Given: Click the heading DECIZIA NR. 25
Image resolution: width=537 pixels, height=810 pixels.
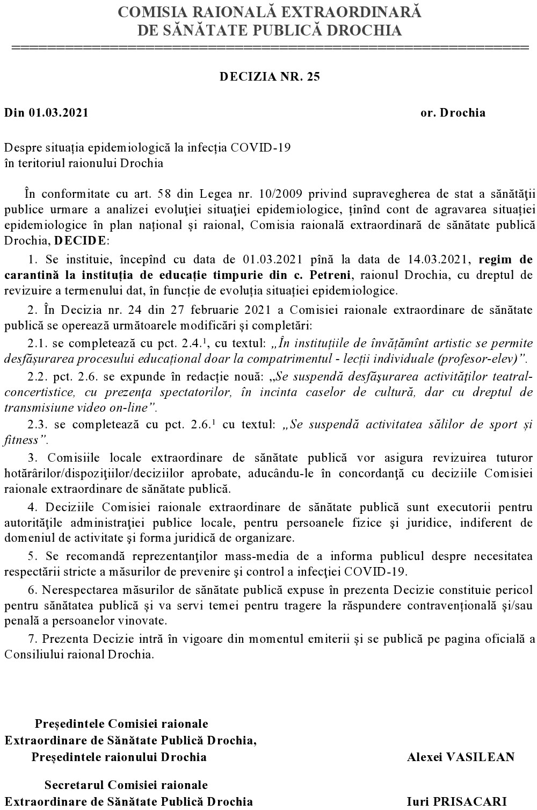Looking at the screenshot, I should (x=270, y=76).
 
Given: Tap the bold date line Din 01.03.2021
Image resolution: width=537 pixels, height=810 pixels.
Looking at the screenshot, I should (x=46, y=113).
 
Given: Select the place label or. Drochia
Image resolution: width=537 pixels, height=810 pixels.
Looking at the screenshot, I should (x=453, y=113).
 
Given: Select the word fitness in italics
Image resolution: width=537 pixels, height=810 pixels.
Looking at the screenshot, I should (x=21, y=440).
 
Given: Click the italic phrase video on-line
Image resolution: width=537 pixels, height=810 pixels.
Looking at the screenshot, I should (x=116, y=407).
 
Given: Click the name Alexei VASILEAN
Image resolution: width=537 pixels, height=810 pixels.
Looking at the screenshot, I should (x=461, y=757).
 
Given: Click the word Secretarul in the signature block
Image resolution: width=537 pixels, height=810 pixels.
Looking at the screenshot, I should (x=75, y=785).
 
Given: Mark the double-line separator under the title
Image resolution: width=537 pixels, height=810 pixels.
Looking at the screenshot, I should (x=270, y=48).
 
